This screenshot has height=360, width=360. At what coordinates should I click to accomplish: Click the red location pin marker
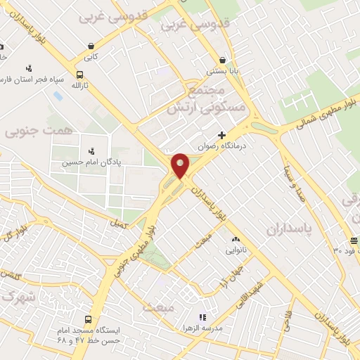click(181, 165)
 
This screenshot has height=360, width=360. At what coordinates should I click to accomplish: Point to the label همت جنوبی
click(30, 131)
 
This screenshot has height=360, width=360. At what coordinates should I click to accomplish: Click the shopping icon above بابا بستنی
click(223, 60)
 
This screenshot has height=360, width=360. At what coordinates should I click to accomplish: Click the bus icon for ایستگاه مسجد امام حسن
click(88, 318)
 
